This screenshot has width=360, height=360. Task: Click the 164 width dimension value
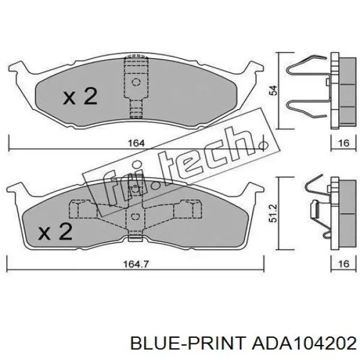pyautogui.click(x=136, y=143)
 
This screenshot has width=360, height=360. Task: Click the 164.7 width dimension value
pyautogui.click(x=136, y=264)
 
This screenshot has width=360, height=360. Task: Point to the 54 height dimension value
pyautogui.click(x=274, y=90)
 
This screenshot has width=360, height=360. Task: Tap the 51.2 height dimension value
pyautogui.click(x=274, y=213)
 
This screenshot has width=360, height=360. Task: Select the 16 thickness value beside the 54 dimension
pyautogui.click(x=344, y=143)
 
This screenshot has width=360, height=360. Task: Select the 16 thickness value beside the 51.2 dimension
pyautogui.click(x=344, y=264)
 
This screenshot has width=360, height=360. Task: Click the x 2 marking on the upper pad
pyautogui.click(x=80, y=97)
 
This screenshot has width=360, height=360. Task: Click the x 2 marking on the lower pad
pyautogui.click(x=55, y=232)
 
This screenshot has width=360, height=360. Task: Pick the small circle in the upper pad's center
pyautogui.click(x=136, y=82)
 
